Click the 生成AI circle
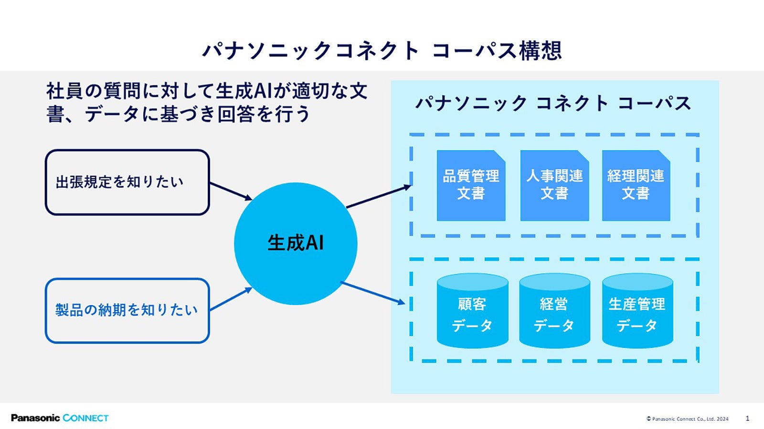tap(296, 244)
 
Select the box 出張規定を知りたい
tap(127, 182)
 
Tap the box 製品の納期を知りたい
tap(127, 310)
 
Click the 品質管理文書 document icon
tap(471, 185)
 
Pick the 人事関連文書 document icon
tap(554, 185)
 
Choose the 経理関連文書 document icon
tap(636, 185)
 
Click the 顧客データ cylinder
tap(472, 310)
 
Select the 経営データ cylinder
tap(554, 310)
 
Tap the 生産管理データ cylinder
tap(637, 310)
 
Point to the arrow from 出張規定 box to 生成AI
tap(231, 191)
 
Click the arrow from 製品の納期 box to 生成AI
tap(231, 299)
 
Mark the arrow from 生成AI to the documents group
tap(379, 196)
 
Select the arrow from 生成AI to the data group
tap(373, 293)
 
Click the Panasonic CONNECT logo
tap(60, 418)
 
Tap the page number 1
tap(747, 418)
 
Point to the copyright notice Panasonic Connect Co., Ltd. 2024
tap(687, 419)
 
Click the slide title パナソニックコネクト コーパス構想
tap(382, 51)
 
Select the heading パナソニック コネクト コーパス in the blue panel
tap(553, 103)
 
